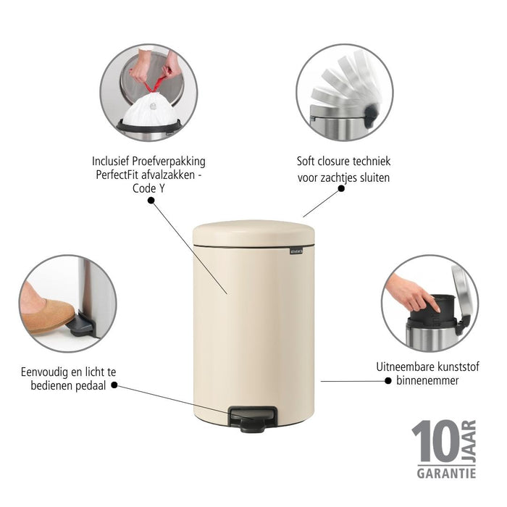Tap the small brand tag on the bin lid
tap(298, 251)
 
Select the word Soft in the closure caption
tap(309, 162)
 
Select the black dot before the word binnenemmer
tap(389, 380)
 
